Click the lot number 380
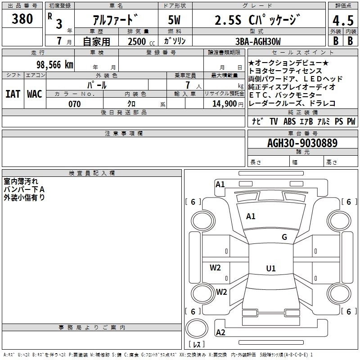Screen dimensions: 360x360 coord(22,19)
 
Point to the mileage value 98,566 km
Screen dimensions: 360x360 coord(54,64)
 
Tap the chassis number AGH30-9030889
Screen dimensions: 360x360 coord(302,144)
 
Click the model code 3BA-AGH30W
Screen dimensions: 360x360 coord(258,41)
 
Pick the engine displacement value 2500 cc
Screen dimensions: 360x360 coord(140,41)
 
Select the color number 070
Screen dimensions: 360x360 coord(74,104)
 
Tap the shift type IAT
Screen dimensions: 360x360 coord(13,94)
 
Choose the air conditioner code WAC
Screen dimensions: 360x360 coord(34,94)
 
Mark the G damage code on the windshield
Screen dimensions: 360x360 coord(284,237)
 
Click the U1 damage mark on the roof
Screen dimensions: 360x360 coord(270,269)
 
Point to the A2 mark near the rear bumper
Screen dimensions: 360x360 coord(220,333)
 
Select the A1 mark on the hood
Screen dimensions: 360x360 coord(251,216)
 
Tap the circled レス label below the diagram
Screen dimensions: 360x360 coord(197,345)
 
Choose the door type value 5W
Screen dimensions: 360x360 coord(175,20)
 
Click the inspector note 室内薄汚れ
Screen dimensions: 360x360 coord(21,182)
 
